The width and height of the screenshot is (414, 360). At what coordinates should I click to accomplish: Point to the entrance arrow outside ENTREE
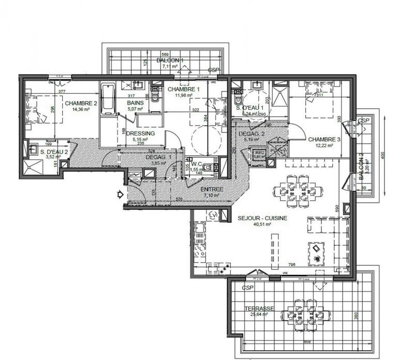(119, 194)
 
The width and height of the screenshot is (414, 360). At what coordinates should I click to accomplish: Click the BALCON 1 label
(170, 60)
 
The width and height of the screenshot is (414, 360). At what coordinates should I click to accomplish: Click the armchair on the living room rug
(316, 249)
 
